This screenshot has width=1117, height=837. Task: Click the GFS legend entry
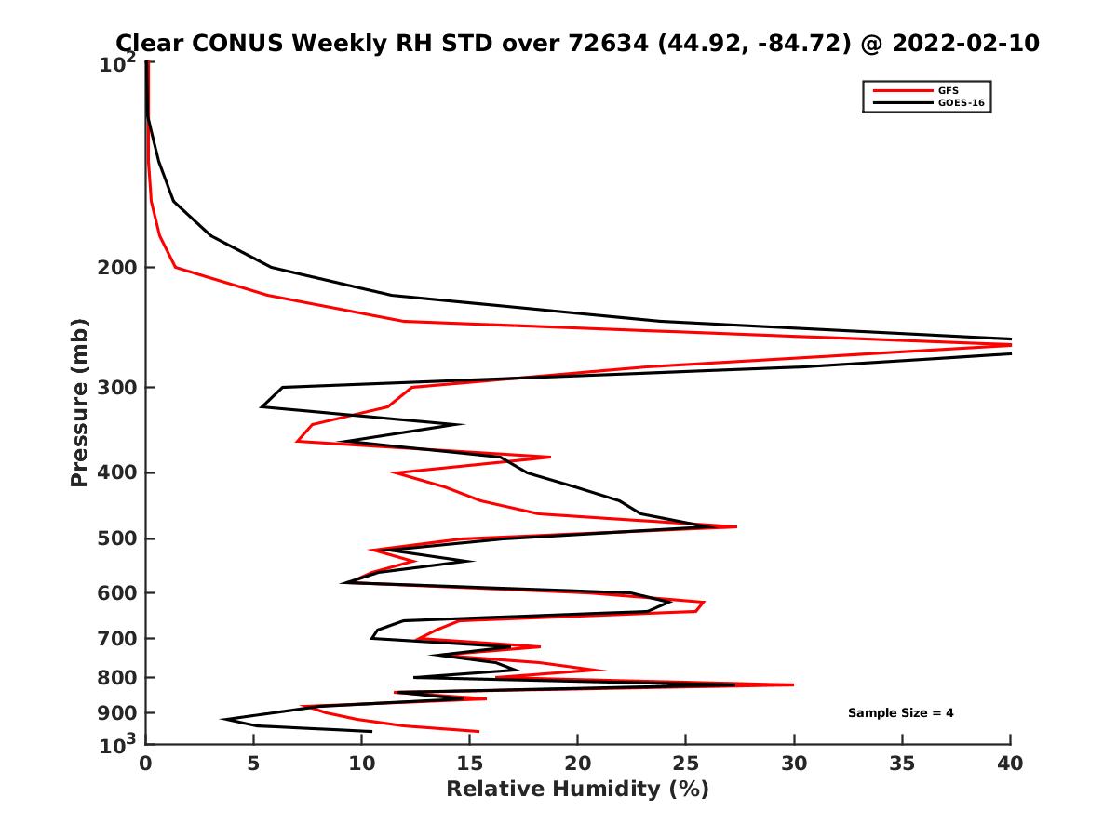948,90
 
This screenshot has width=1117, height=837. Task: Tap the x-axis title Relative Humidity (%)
577,790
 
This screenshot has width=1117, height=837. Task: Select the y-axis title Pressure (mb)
79,402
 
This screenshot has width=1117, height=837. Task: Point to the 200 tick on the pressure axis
117,268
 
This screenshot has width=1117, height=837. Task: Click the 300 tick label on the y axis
117,388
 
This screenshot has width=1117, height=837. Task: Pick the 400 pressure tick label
117,472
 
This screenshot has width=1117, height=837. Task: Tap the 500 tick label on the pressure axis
117,538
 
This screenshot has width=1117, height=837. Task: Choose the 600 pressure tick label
117,592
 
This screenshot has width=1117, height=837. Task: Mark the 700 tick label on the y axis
117,638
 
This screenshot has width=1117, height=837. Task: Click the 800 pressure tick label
117,677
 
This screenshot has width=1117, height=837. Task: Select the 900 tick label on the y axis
117,712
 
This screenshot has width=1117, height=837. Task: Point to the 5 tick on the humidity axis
253,764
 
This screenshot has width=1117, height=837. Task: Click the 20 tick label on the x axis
577,764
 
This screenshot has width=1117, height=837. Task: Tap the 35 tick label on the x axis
902,764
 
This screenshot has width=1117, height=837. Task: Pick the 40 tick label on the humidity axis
1010,764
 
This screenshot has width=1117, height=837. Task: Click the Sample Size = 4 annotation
900,713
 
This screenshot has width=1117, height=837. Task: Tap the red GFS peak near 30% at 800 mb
792,684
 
